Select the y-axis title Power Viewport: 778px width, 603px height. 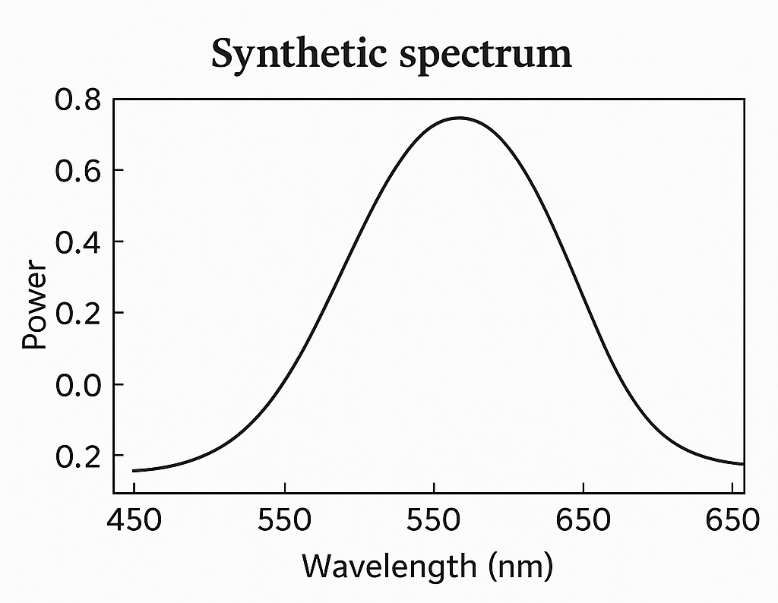(x=34, y=305)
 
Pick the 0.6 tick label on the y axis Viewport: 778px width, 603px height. (x=76, y=170)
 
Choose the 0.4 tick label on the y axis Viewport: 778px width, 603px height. (x=76, y=242)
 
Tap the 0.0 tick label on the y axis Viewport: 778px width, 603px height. (x=76, y=384)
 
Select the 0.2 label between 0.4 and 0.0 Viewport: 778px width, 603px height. (x=76, y=313)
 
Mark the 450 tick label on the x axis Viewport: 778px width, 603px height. (x=134, y=521)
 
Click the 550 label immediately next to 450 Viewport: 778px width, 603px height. (x=284, y=521)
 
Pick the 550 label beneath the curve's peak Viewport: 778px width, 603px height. (x=433, y=521)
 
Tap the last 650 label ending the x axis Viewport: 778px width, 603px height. (x=732, y=521)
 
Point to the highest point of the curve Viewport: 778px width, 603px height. (x=459, y=118)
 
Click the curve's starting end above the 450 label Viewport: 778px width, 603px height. (x=134, y=471)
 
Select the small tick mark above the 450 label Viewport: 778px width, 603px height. (x=134, y=488)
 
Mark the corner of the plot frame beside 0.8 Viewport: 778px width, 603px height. (x=113, y=99)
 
